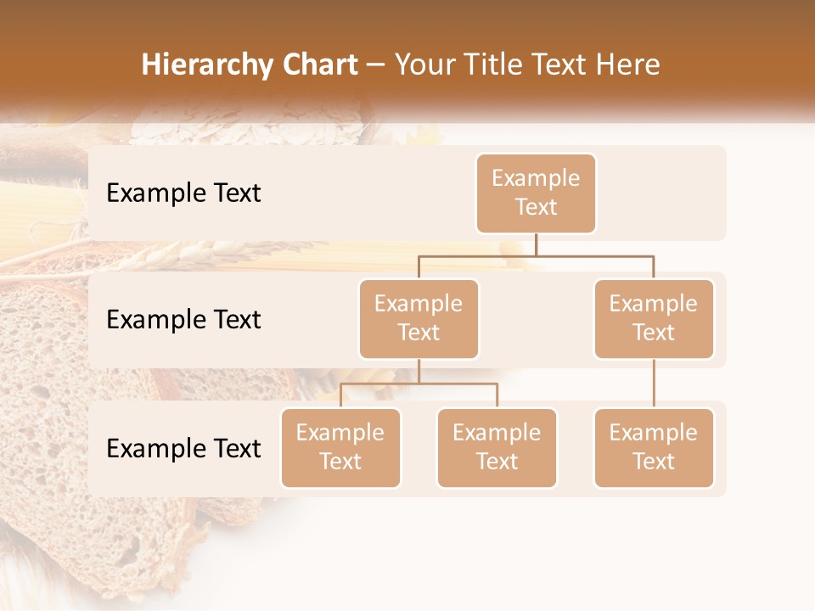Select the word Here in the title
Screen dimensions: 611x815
click(629, 64)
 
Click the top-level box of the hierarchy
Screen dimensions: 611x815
click(536, 193)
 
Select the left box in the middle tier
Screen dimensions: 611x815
click(419, 319)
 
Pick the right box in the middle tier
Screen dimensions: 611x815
click(654, 319)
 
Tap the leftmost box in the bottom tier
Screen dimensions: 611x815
click(340, 448)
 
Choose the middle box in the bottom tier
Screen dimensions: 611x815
click(497, 448)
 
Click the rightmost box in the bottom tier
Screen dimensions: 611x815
click(654, 448)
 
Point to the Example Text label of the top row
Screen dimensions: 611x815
click(183, 193)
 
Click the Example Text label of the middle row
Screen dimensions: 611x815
click(183, 320)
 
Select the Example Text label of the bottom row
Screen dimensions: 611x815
click(183, 449)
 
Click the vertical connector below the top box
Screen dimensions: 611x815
click(536, 244)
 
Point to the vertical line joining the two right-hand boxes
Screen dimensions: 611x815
click(654, 384)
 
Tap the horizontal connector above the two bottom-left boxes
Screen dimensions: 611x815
click(419, 384)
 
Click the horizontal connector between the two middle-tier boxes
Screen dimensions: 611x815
click(536, 255)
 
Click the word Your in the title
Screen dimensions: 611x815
click(423, 64)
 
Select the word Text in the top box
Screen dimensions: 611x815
click(536, 208)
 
